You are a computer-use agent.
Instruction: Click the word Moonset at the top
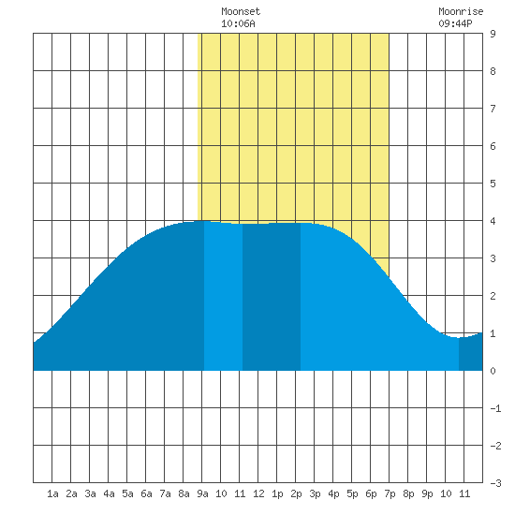tap(241, 11)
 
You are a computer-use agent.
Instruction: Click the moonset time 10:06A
tap(238, 23)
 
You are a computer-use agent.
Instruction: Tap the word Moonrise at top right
tap(461, 11)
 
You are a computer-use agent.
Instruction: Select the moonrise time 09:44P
tap(455, 23)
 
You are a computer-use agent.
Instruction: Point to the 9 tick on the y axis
tap(493, 34)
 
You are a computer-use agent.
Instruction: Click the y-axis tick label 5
tap(493, 184)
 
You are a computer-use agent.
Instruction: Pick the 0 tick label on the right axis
tap(493, 371)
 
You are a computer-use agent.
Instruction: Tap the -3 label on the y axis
tap(495, 483)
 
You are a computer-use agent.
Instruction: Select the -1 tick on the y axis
tap(495, 408)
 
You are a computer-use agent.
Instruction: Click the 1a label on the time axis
tap(52, 493)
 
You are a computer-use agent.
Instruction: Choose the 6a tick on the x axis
tap(146, 493)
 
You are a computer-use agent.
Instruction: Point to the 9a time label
tap(202, 493)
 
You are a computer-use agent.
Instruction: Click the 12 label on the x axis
tap(258, 493)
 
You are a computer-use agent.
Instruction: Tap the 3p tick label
tap(315, 493)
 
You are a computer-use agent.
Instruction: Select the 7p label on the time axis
tap(390, 493)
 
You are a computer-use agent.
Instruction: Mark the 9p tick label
tap(427, 493)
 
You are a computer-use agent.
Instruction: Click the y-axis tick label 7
tap(493, 109)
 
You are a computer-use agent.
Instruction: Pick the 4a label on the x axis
tap(109, 493)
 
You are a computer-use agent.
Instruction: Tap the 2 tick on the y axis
tap(493, 296)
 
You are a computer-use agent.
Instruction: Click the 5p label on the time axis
tap(352, 493)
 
